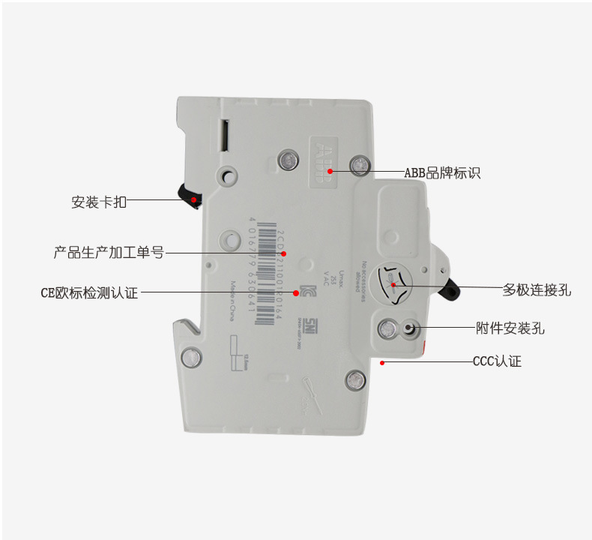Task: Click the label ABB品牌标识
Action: tap(442, 173)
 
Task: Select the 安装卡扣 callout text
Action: tap(99, 202)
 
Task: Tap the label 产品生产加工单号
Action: tap(109, 253)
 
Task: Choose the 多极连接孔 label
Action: tap(537, 289)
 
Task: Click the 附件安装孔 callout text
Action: tap(510, 328)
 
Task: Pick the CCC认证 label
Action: tap(497, 361)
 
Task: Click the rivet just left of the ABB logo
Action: tap(286, 159)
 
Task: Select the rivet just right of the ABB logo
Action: tap(360, 164)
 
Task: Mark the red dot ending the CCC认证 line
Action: tap(382, 362)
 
